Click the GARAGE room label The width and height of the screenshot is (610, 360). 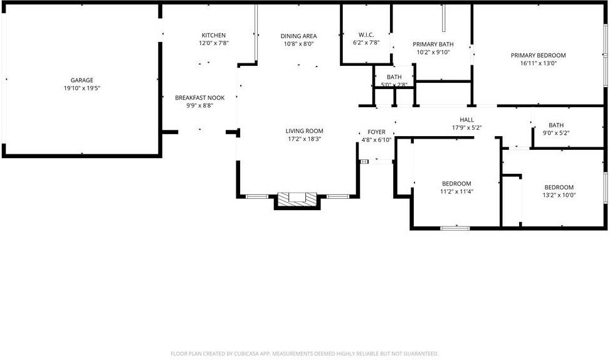82,80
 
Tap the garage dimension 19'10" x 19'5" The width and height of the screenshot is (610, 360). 82,88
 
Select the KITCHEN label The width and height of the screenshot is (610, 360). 213,35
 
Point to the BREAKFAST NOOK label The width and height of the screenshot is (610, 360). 199,98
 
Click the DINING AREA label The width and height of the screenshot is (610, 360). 298,36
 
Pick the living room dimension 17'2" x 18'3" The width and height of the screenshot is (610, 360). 305,139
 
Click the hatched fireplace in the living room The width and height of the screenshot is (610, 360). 298,198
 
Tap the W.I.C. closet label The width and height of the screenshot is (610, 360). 366,34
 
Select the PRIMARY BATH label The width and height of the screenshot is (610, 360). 433,44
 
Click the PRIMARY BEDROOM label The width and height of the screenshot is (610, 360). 538,55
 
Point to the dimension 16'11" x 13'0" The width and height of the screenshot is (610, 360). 538,63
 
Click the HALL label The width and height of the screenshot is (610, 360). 466,120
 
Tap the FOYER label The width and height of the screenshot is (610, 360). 376,132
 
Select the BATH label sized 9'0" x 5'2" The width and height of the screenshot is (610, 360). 555,125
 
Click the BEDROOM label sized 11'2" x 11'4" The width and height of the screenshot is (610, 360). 456,184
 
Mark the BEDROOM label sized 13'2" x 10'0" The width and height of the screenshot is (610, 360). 559,187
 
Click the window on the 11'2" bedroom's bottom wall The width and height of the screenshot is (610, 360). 455,228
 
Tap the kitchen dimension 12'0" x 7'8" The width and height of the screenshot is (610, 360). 213,43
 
